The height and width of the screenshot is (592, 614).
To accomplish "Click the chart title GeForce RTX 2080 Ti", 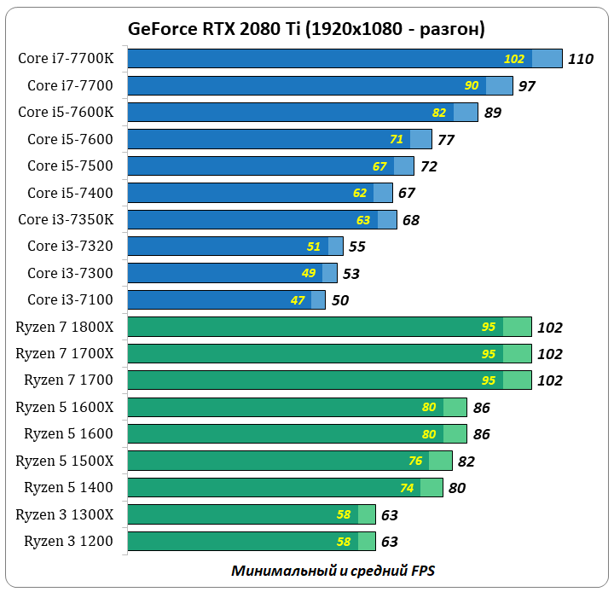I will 306,28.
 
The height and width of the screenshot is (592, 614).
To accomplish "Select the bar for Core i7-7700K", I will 345,59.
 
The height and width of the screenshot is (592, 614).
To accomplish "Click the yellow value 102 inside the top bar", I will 514,59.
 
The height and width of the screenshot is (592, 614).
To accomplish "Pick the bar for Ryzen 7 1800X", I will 329,327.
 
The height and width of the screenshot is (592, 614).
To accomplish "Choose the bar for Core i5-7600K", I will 302,112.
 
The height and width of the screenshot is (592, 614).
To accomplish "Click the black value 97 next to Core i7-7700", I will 526,86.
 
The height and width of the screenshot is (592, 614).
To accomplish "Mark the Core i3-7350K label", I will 72,219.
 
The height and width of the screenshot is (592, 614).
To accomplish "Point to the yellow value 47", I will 298,300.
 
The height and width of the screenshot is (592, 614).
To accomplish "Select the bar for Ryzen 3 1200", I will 251,541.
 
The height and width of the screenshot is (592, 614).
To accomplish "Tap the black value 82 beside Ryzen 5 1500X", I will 466,461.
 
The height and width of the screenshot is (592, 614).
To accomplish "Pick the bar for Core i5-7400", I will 259,193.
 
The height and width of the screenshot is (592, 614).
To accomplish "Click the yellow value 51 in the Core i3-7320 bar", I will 314,247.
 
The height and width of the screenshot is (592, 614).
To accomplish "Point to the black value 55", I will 356,247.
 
